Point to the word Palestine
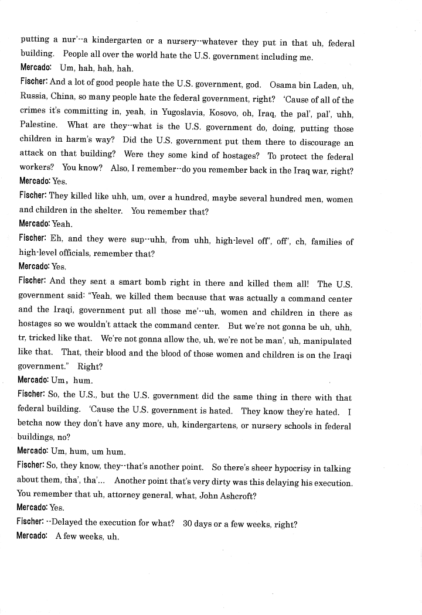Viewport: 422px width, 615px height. (x=38, y=127)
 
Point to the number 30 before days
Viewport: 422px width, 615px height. (x=188, y=523)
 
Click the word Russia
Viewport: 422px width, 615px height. (x=35, y=99)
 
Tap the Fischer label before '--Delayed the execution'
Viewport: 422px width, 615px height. (x=29, y=523)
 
